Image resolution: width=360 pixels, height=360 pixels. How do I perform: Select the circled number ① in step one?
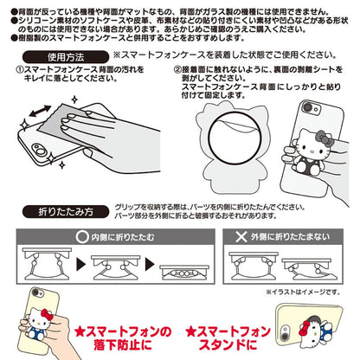tap(21, 68)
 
